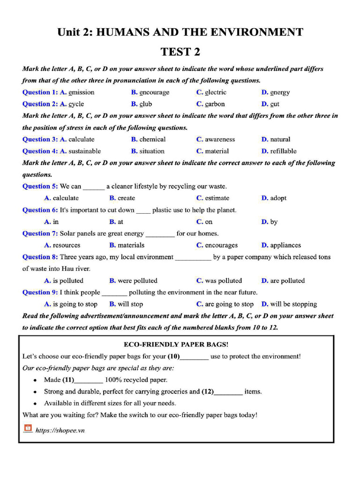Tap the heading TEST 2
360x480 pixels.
click(180, 52)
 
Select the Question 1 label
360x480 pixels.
click(40, 92)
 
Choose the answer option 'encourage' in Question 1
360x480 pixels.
click(154, 92)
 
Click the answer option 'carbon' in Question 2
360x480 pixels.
click(215, 104)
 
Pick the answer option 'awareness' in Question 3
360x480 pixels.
click(219, 139)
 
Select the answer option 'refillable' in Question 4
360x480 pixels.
click(283, 151)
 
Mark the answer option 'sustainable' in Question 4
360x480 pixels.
click(84, 151)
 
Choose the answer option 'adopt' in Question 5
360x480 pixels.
click(278, 198)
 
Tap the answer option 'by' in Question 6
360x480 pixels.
click(274, 222)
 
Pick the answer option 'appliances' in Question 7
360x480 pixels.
click(285, 245)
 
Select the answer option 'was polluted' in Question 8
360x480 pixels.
click(223, 281)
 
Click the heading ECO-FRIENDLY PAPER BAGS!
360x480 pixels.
click(176, 345)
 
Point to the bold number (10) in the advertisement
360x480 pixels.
click(174, 356)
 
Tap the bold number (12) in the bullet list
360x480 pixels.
click(208, 391)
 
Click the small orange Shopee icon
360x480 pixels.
click(28, 428)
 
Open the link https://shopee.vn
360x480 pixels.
click(60, 430)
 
